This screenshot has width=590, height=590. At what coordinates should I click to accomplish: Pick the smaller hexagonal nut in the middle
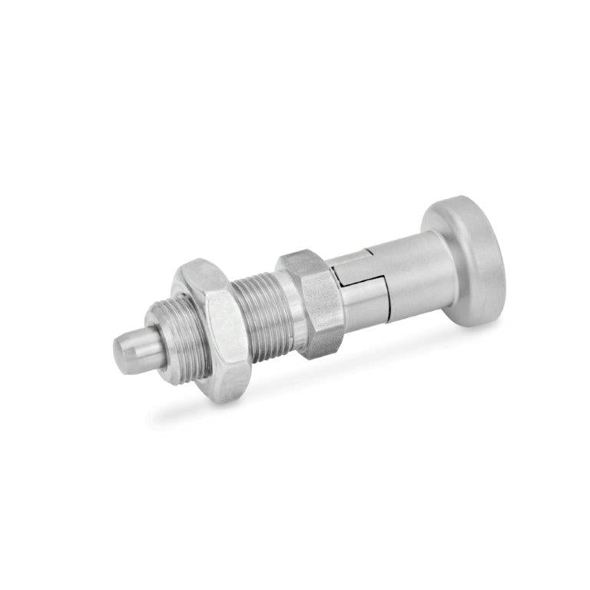(315, 303)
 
